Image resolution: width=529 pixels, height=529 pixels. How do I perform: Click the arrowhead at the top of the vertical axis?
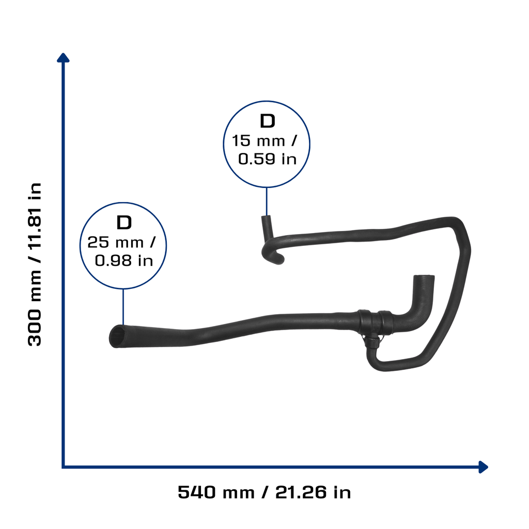pyautogui.click(x=63, y=58)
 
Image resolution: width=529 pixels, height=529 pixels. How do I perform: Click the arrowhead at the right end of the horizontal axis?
pyautogui.click(x=484, y=467)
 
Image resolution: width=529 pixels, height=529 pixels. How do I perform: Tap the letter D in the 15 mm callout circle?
pyautogui.click(x=267, y=121)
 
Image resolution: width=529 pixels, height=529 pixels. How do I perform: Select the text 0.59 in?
pyautogui.click(x=267, y=159)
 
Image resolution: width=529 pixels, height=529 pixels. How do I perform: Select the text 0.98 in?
pyautogui.click(x=124, y=260)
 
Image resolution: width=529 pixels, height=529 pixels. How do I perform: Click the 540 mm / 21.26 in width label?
pyautogui.click(x=264, y=492)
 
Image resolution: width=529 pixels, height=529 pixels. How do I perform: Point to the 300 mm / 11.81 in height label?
pyautogui.click(x=35, y=264)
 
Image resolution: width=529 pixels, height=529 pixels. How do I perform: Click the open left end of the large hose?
pyautogui.click(x=116, y=336)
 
